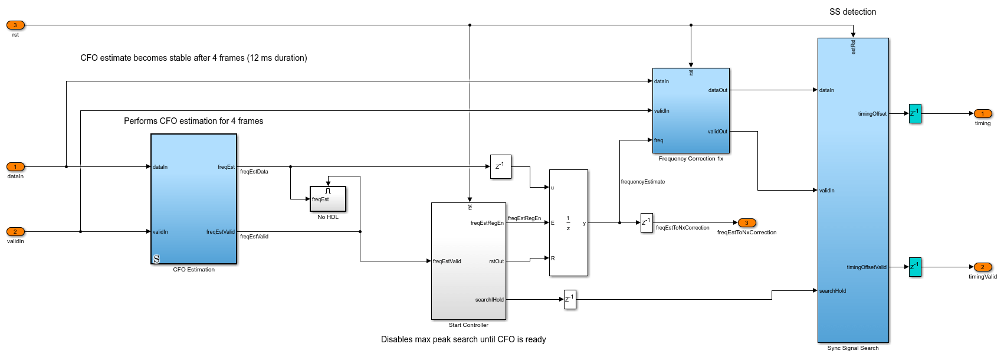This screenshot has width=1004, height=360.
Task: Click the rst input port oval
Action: (15, 25)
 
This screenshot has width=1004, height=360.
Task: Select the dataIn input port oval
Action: (15, 167)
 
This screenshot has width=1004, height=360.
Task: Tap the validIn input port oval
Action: (15, 232)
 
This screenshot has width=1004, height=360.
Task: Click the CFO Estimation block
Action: (193, 199)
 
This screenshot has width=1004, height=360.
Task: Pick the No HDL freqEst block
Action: (328, 199)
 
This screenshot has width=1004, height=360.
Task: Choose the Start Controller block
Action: (468, 261)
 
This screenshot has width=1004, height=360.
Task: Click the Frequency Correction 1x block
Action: (691, 110)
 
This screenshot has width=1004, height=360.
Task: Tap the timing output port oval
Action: (982, 114)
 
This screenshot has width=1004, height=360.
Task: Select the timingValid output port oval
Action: (982, 267)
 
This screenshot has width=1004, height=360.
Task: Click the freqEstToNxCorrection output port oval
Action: (746, 223)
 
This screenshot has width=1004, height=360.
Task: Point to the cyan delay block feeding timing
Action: (915, 113)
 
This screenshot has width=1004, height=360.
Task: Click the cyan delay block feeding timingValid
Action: (915, 267)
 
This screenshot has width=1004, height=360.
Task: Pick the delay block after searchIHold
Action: (570, 299)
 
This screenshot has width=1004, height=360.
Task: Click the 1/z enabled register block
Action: (568, 222)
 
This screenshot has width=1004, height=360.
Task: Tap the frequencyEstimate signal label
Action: (642, 182)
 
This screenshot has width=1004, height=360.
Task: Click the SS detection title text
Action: (852, 12)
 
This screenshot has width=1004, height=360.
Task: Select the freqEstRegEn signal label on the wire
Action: (524, 218)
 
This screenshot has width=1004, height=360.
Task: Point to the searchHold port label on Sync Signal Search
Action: (832, 291)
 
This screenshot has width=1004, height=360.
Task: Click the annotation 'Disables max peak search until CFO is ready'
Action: (463, 339)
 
